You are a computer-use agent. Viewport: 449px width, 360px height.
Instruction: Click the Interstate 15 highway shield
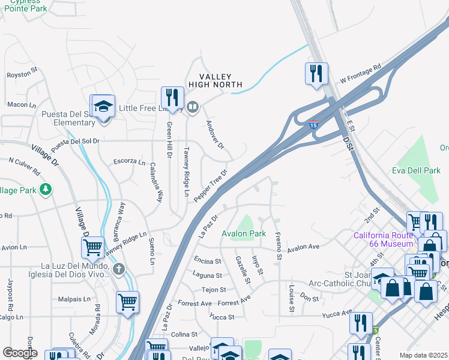[313, 125]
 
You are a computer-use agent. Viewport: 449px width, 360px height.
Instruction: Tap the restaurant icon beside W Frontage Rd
[316, 74]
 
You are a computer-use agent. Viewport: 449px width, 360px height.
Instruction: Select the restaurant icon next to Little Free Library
[172, 98]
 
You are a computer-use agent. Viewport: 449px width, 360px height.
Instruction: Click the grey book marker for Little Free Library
[192, 108]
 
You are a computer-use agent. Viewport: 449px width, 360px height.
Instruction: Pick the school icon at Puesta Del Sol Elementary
[103, 107]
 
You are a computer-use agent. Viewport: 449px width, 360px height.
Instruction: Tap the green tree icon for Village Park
[46, 190]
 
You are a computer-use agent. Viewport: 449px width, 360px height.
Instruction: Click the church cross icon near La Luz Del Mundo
[119, 269]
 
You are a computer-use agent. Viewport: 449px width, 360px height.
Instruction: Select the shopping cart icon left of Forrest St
[127, 302]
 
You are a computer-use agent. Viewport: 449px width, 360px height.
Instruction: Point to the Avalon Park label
[244, 233]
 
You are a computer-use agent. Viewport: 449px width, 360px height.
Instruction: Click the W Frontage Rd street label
[361, 74]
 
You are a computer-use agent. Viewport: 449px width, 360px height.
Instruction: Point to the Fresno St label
[277, 246]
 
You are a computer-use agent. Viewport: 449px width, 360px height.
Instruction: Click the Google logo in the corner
[20, 353]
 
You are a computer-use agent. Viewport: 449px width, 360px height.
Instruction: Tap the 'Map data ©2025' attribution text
[423, 355]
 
